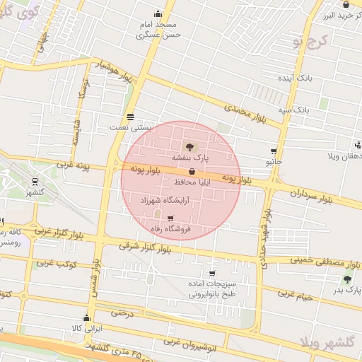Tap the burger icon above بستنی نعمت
pyautogui.click(x=130, y=117)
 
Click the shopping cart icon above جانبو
pyautogui.click(x=274, y=151)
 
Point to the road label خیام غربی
pyautogui.click(x=295, y=296)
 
